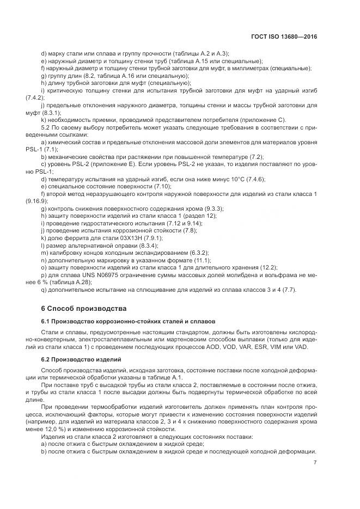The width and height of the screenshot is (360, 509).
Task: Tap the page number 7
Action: (x=315, y=463)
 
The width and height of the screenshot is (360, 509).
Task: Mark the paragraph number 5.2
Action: (x=47, y=127)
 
